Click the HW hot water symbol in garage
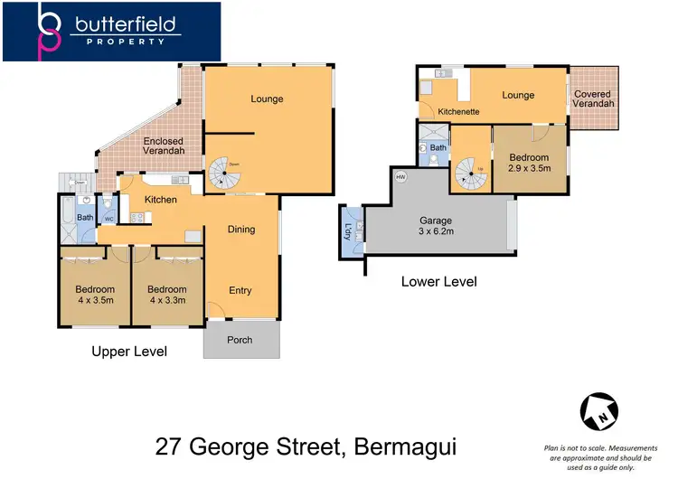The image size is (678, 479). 400,177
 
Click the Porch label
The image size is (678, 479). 240,340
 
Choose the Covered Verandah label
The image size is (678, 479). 593,99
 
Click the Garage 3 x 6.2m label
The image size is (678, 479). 435,227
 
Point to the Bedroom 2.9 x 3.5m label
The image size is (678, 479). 529,163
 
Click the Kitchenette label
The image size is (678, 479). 458,112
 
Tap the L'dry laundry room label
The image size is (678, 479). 349,231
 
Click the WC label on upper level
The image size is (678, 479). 108,219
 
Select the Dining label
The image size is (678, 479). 240,230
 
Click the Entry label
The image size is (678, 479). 240,290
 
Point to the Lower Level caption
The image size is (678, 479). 438,282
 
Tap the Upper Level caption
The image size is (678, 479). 129,352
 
